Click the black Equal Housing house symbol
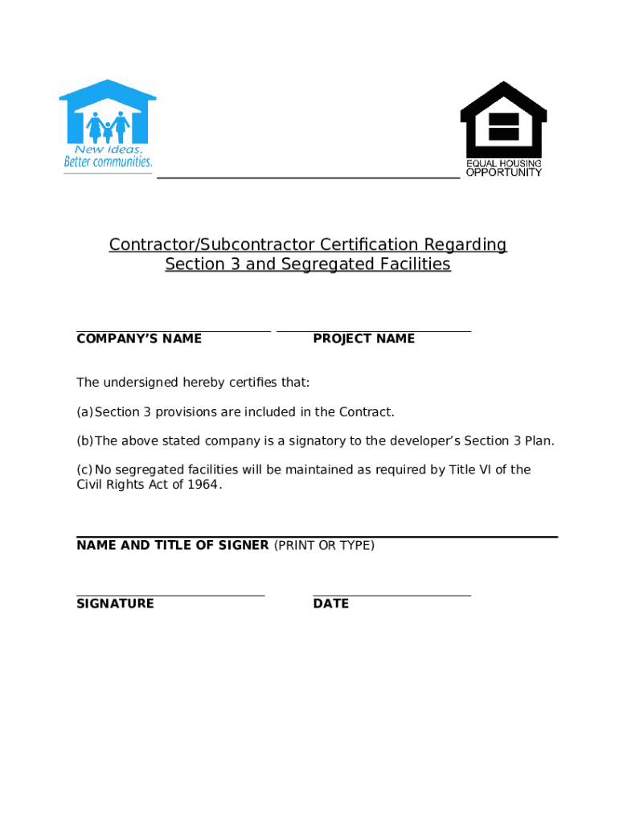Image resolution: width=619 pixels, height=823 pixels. pyautogui.click(x=503, y=118)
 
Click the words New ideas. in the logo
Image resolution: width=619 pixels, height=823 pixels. pyautogui.click(x=109, y=149)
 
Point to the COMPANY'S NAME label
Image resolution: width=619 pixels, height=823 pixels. pyautogui.click(x=139, y=338)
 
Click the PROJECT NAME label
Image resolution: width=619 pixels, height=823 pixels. pyautogui.click(x=364, y=338)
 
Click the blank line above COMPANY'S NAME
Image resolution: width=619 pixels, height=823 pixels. pyautogui.click(x=173, y=330)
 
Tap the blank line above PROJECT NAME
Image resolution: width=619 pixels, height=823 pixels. pyautogui.click(x=374, y=330)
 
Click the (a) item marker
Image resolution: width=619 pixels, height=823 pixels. pyautogui.click(x=84, y=412)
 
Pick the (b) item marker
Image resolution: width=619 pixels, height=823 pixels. pyautogui.click(x=84, y=441)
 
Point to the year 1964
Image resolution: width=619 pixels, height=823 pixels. pyautogui.click(x=203, y=485)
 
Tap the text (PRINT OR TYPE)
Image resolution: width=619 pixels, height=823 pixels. pyautogui.click(x=324, y=545)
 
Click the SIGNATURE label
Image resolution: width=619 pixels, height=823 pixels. pyautogui.click(x=115, y=604)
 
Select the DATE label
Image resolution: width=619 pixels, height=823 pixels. pyautogui.click(x=331, y=604)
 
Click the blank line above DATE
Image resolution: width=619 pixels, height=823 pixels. pyautogui.click(x=391, y=596)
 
